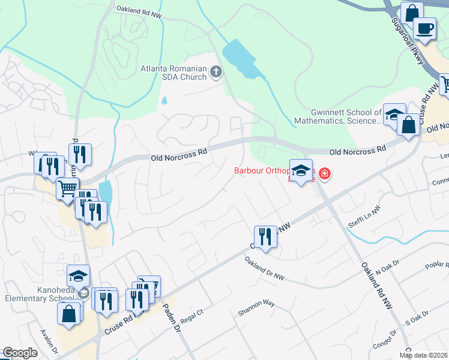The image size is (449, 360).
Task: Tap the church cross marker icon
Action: click(216, 74)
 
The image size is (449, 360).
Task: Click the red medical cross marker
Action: click(325, 174)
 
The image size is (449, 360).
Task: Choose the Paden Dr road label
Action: click(172, 319)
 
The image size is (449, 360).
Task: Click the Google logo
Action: click(20, 353)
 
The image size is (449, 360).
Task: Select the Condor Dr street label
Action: click(385, 342)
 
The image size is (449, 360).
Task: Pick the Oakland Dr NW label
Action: click(264, 268)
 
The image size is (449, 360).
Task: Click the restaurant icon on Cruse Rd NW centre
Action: click(265, 236)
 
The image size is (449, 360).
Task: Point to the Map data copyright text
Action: click(424, 355)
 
